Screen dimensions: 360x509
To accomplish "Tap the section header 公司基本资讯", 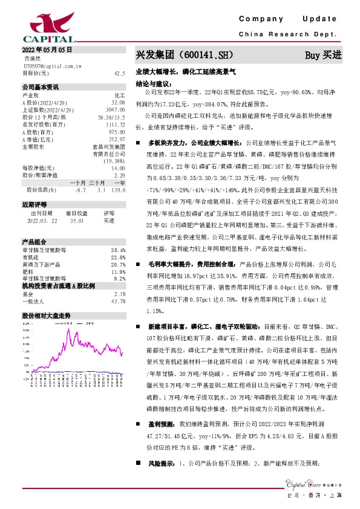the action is (x=41, y=86).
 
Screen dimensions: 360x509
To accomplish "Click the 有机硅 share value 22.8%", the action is (x=118, y=241).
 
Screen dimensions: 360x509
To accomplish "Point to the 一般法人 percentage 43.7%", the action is (x=118, y=284).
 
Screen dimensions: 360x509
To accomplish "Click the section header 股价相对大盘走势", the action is (x=47, y=299).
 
